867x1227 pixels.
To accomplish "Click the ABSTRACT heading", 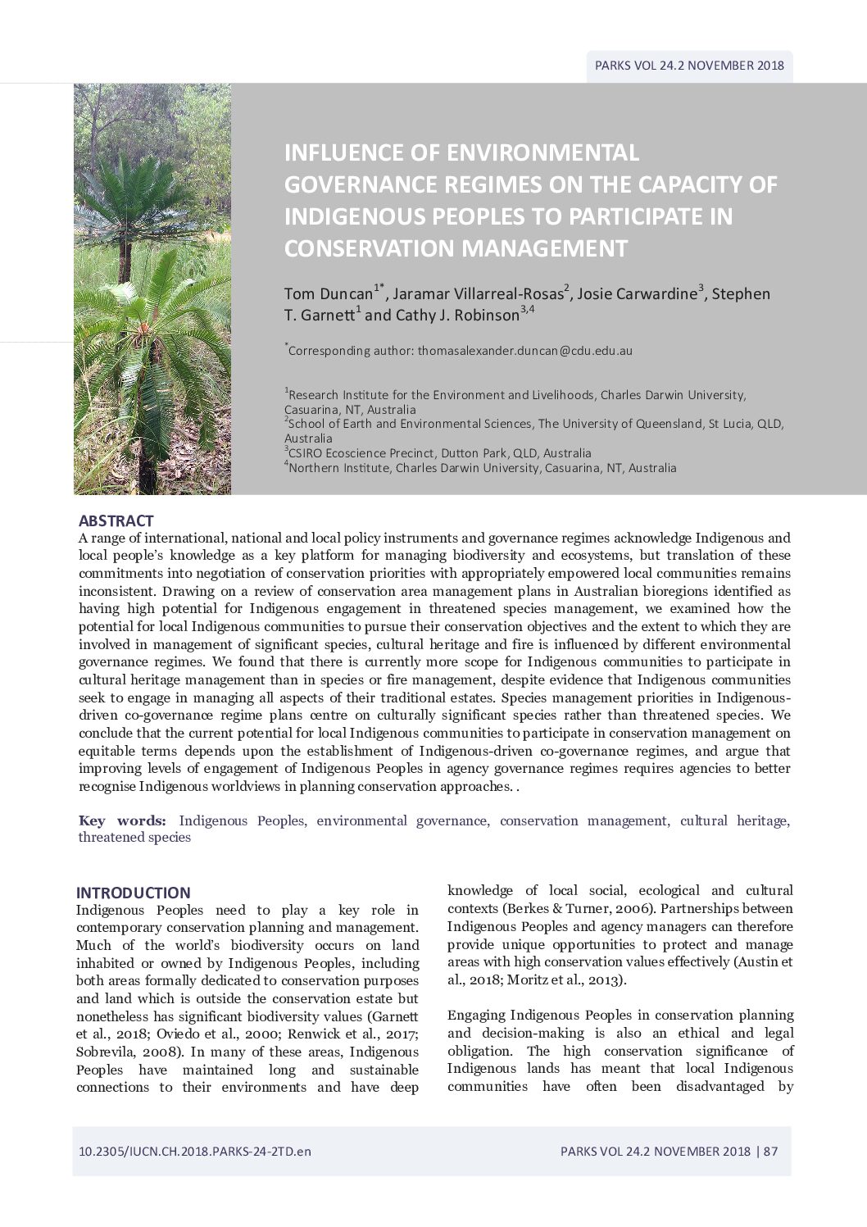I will pos(116,521).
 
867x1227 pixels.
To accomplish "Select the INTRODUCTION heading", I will pos(133,893).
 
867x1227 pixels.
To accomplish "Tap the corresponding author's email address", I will pos(524,350).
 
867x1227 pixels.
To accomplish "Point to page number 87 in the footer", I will pos(770,1151).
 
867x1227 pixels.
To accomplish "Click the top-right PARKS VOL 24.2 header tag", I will pos(689,66).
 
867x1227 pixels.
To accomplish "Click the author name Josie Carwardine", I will pos(637,293).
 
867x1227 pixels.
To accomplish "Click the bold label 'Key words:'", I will pos(122,820).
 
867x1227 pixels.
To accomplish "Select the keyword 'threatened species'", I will pos(134,838).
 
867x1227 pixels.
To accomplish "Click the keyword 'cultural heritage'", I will pos(733,820).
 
